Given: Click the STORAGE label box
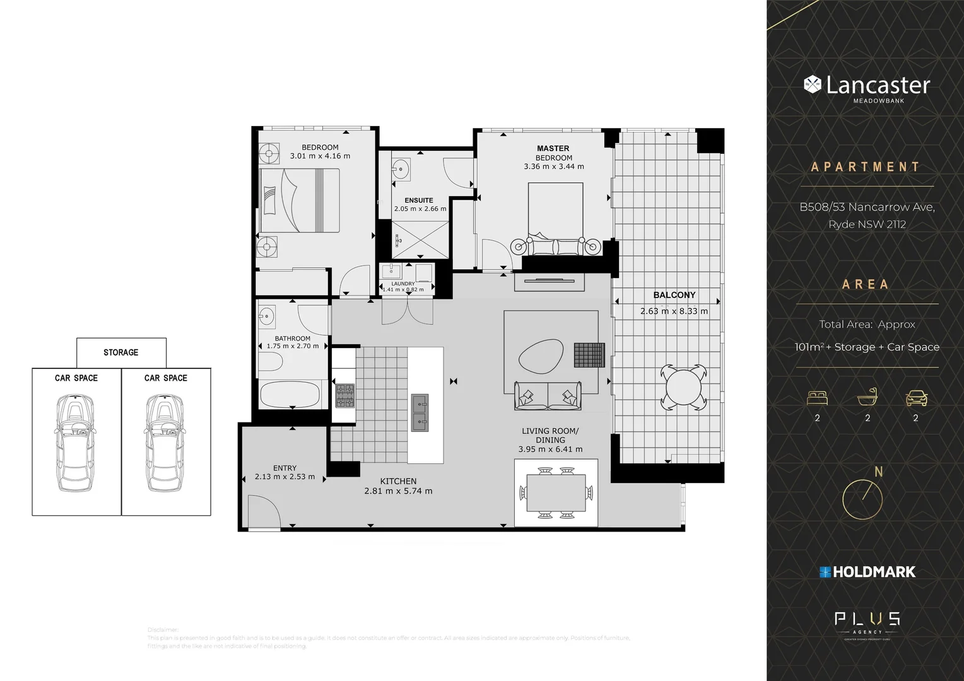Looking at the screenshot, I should click(121, 352).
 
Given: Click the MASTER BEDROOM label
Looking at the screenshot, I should click(553, 153).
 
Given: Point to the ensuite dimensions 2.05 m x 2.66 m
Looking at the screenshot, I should click(420, 209).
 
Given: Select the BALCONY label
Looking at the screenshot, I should click(674, 295).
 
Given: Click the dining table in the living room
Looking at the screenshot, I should click(556, 492).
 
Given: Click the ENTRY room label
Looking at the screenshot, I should click(285, 468).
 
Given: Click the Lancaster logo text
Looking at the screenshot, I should click(878, 85).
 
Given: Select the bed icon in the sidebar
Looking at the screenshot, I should click(817, 398).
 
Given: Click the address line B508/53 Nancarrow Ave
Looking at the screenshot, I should click(867, 207).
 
